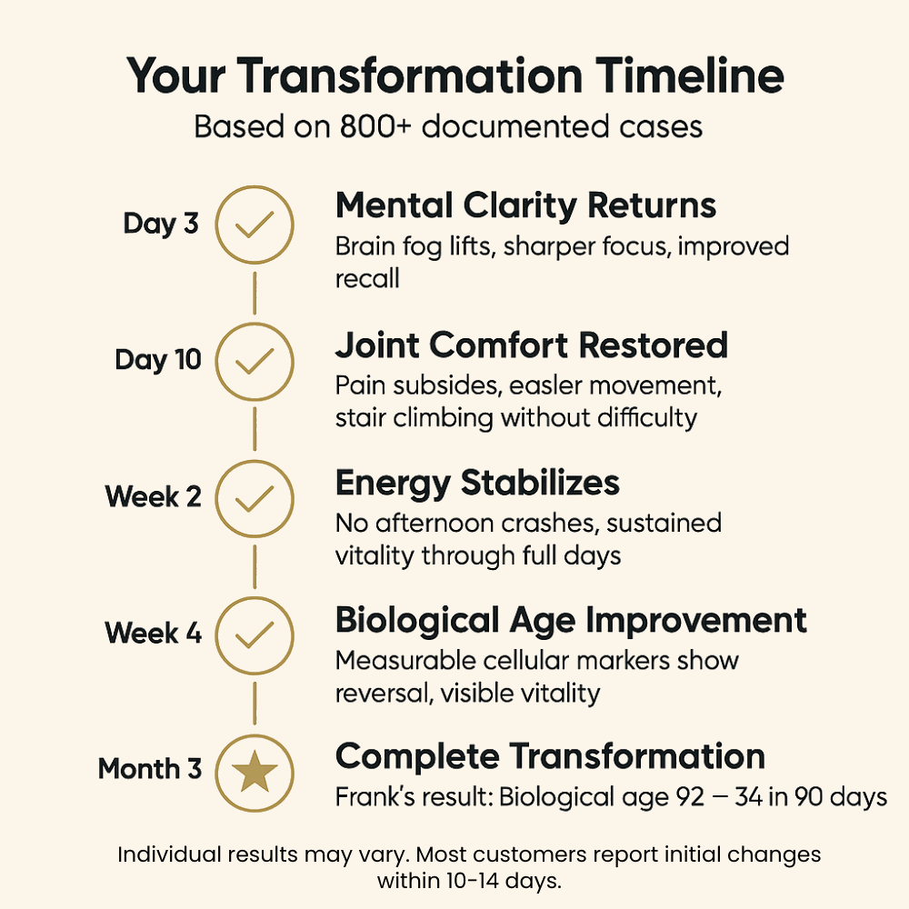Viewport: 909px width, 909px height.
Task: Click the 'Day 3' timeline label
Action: (161, 225)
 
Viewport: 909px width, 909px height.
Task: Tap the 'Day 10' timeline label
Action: (158, 360)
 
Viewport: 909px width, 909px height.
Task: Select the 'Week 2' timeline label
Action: (153, 497)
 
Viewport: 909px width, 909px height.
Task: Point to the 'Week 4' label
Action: (153, 633)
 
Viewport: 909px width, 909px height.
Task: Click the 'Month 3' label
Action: (150, 769)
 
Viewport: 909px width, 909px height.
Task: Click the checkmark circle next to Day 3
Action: (255, 225)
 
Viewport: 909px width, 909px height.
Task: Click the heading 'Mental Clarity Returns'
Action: (525, 206)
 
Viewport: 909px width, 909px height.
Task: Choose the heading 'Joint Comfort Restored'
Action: (532, 345)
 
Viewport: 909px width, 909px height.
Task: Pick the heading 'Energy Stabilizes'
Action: (477, 483)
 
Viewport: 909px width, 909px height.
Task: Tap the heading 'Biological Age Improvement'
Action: (571, 620)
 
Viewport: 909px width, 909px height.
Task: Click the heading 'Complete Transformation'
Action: (550, 756)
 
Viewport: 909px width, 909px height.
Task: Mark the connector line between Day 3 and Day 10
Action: (255, 293)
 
